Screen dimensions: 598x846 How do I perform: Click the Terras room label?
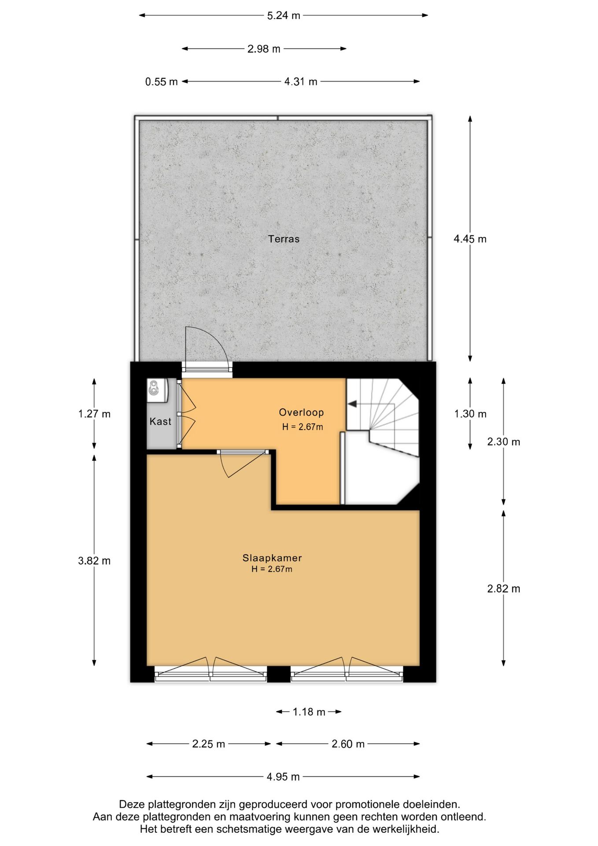[284, 239]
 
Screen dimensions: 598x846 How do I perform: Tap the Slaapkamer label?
[272, 558]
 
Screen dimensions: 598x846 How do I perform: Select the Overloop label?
[301, 412]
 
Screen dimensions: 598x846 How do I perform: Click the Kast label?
[160, 421]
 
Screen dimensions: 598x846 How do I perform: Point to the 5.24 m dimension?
[284, 15]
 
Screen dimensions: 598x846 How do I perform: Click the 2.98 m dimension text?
[264, 49]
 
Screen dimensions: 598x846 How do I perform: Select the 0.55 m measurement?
[162, 82]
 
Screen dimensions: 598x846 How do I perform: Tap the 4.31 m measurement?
[301, 82]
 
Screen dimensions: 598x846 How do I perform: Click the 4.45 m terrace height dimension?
[470, 239]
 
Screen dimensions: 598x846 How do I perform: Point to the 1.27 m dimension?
[94, 414]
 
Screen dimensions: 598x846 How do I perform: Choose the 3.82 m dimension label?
[94, 561]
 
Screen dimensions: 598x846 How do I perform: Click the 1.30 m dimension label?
[470, 414]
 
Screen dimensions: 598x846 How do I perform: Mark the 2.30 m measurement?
[504, 442]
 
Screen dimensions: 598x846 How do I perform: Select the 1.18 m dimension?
[309, 712]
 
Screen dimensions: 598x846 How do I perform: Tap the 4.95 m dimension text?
[283, 776]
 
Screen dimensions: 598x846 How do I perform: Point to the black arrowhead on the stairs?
[352, 404]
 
